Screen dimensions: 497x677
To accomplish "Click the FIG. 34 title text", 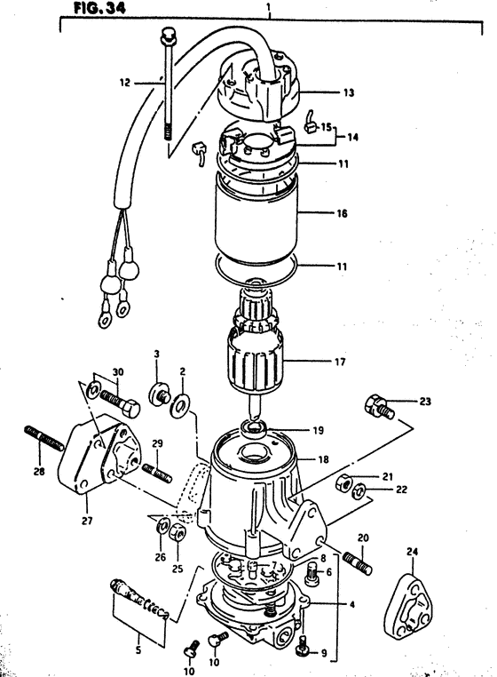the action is (100, 8).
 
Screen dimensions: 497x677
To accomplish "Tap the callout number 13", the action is (348, 92).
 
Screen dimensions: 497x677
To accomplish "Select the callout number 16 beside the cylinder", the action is (342, 213).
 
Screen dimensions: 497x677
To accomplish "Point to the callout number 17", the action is (340, 362).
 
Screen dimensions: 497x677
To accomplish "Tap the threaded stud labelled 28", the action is (43, 437).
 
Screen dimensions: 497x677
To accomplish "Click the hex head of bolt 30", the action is (130, 408).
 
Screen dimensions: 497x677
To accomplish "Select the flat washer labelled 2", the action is (178, 405).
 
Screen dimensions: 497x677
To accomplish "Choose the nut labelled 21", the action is (343, 482).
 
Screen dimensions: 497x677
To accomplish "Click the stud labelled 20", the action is (358, 563).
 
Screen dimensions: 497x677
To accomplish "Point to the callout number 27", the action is (87, 521).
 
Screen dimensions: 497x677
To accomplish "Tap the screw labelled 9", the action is (304, 648).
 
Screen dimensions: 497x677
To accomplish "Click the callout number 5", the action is (138, 650).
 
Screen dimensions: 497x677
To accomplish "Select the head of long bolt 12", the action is (167, 36).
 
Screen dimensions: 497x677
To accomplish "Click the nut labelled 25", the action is (177, 534).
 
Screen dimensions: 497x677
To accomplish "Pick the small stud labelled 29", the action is (157, 473).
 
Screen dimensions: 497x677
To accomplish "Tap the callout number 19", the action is (318, 431).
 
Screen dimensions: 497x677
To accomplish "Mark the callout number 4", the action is (351, 605).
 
